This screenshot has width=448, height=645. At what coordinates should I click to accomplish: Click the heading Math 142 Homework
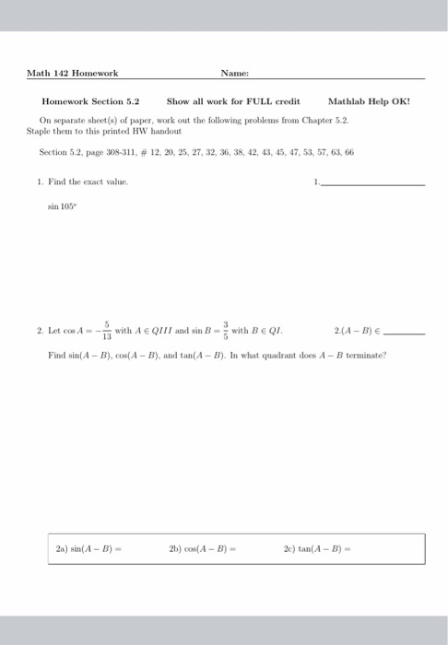(x=72, y=73)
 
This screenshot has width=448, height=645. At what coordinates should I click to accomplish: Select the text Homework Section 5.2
(x=90, y=101)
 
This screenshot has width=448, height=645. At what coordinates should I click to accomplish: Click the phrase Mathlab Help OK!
(x=369, y=101)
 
